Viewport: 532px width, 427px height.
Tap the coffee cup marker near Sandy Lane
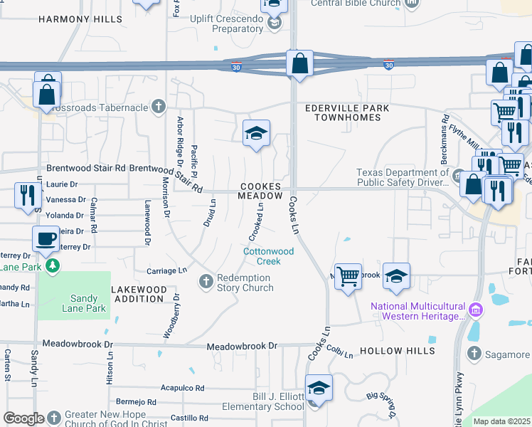[x=46, y=239]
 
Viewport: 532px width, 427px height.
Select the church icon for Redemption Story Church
[x=206, y=282]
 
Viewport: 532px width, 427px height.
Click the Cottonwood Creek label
[x=268, y=256]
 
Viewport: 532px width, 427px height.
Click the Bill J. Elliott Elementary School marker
[x=319, y=389]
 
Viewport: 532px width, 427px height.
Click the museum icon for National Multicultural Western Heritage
[x=477, y=310]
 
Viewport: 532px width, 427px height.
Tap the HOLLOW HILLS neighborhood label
[x=397, y=352]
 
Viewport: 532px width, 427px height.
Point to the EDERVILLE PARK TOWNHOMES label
[x=346, y=112]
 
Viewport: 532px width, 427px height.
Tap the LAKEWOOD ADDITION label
[x=139, y=294]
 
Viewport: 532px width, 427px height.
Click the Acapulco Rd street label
[x=182, y=389]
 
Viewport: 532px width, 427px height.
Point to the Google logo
[x=23, y=418]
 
